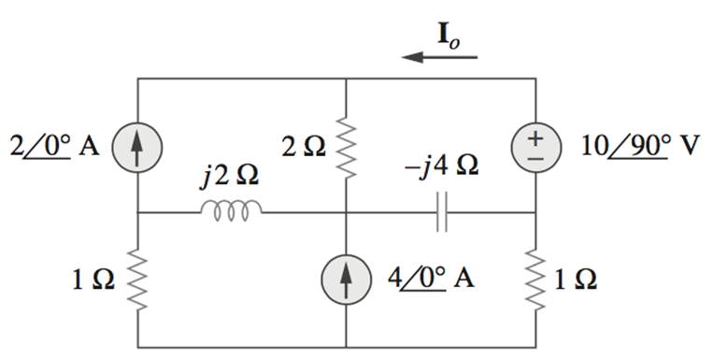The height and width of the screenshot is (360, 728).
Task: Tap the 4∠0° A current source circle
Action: click(346, 280)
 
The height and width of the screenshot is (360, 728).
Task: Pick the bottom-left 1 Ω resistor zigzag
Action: click(137, 279)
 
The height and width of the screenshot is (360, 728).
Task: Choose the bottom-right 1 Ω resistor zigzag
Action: click(535, 279)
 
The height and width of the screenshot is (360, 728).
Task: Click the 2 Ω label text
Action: click(304, 146)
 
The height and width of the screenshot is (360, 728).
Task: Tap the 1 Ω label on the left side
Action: click(95, 279)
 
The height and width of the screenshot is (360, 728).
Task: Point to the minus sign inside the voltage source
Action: click(535, 158)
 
